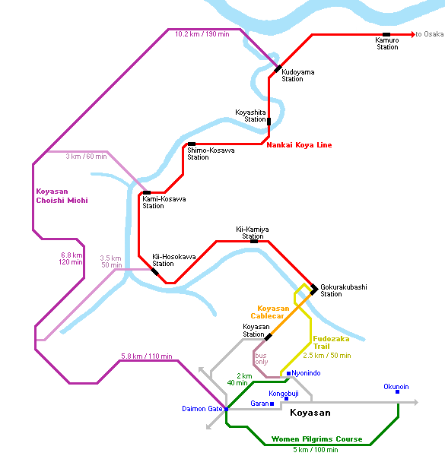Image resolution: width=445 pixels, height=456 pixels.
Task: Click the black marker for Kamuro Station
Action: tap(386, 35)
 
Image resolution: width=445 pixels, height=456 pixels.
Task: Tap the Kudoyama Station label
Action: tap(297, 75)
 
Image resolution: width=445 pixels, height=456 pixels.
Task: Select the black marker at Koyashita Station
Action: tap(269, 122)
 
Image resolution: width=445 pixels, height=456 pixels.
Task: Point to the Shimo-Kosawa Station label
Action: tap(211, 154)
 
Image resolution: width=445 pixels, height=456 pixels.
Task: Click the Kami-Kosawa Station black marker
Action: tap(147, 192)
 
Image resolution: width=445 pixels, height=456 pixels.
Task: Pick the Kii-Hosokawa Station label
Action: tap(174, 260)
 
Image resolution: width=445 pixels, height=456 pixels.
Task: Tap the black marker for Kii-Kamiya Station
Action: tap(254, 242)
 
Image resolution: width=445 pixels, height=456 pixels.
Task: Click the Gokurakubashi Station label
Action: tap(343, 290)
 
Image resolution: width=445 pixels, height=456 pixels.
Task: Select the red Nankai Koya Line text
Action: tap(299, 145)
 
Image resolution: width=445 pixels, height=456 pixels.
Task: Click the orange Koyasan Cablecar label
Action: tap(270, 312)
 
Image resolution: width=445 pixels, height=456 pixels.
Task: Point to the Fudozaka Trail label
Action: tap(331, 342)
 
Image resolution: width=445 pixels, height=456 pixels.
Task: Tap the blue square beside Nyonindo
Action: tap(289, 373)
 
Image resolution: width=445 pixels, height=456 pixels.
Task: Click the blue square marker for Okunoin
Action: tap(397, 391)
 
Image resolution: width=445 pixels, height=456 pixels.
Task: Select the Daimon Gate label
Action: tap(202, 409)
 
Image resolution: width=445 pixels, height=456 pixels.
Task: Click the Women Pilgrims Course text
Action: tap(316, 439)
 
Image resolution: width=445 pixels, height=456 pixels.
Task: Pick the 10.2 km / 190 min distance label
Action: tap(202, 34)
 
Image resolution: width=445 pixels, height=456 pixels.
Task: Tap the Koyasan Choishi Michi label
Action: tap(62, 196)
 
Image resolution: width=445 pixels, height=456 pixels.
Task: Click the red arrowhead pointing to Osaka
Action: tap(413, 34)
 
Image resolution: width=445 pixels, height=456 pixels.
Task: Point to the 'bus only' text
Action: tap(261, 359)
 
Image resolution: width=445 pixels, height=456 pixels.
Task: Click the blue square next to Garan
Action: tap(272, 404)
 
